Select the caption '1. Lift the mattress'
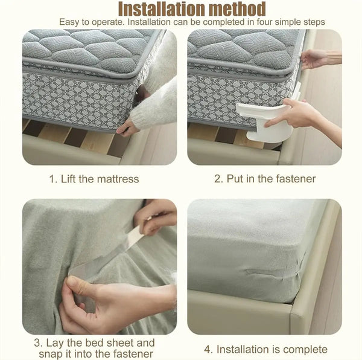click(94, 178)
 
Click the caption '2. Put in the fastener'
click(265, 178)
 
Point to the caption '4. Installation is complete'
click(265, 349)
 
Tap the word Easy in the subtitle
click(69, 22)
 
